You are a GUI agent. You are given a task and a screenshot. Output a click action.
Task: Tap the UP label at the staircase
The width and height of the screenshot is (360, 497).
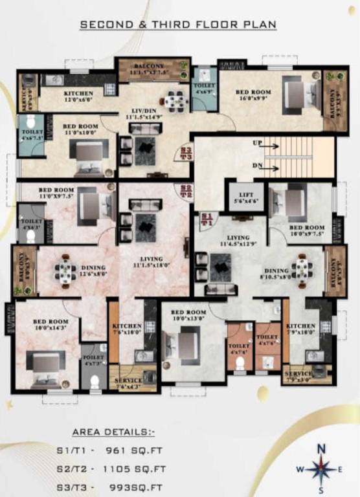pos(258,142)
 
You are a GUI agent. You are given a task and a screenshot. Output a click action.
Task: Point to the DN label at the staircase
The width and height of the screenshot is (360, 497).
pos(258,166)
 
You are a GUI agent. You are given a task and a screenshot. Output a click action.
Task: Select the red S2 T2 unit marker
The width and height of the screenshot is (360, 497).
pos(186,191)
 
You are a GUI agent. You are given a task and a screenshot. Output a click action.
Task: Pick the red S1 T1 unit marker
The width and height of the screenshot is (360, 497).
pos(207,219)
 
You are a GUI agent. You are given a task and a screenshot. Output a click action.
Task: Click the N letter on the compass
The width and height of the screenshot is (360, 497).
pos(321,448)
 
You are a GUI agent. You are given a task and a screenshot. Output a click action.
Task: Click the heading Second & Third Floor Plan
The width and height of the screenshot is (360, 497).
pos(178,25)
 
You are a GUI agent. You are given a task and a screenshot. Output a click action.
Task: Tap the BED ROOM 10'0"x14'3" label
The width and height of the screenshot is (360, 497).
pos(51,325)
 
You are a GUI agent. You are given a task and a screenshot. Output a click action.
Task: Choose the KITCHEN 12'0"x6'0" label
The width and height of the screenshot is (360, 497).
pos(78,97)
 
